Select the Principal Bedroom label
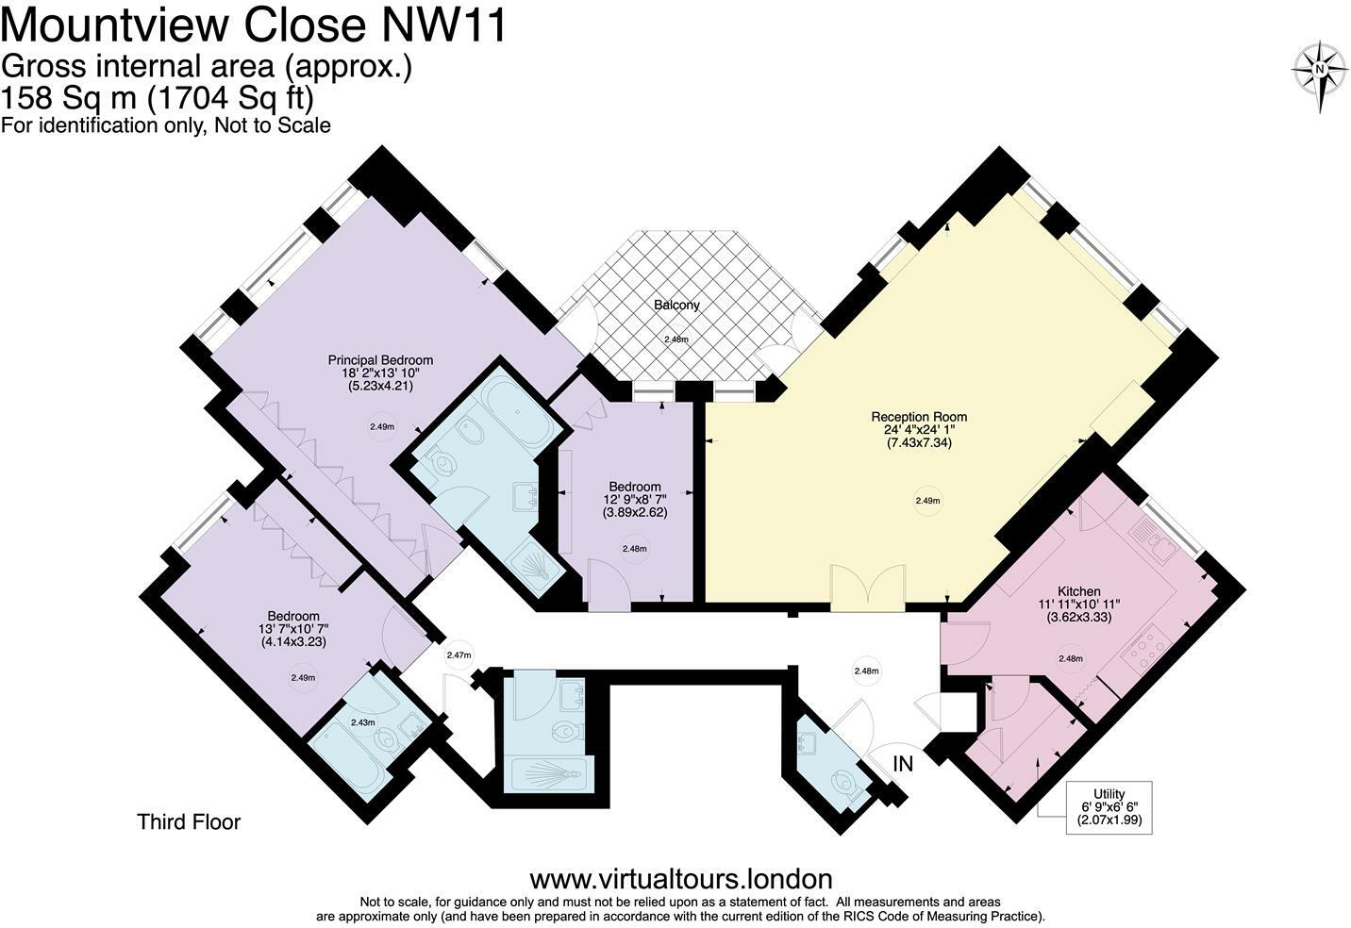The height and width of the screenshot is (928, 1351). pos(380,359)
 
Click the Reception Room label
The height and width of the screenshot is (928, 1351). pos(918,416)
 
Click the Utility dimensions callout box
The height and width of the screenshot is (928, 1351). pos(1109,807)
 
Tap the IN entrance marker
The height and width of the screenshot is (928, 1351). pos(903,764)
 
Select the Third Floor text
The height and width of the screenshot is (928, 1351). pos(189,821)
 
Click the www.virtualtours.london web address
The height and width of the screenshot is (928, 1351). pos(680,879)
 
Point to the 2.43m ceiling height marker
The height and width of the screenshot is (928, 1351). pos(362,722)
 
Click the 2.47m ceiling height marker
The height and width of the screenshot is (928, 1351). pos(459,655)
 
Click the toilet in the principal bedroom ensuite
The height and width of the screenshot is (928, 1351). pos(441,463)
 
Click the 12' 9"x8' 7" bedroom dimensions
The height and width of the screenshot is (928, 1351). pos(634,500)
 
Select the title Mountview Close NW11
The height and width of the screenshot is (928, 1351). pos(254,25)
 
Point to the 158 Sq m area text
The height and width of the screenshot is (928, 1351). pos(158,97)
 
